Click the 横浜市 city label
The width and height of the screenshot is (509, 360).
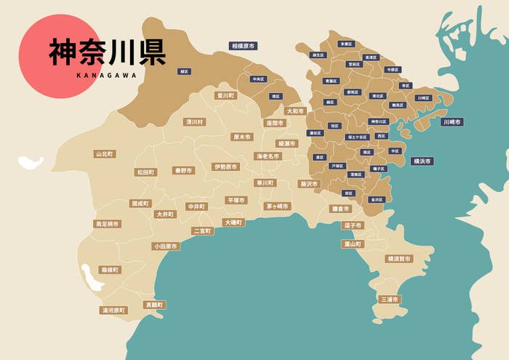pos(421,161)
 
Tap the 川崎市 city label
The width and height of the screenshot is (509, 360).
pos(452,122)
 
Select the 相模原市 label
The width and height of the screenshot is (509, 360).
pos(243,46)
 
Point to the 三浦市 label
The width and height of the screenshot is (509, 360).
pos(390,299)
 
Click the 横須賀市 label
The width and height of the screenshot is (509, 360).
pos(398,258)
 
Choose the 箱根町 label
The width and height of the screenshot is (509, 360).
pos(110,269)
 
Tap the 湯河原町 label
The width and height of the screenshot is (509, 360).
pos(113,310)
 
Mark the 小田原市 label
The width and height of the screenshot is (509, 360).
pos(165,247)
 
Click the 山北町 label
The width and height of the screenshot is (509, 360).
pos(105,154)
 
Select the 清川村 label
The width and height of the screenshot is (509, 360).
pos(194,122)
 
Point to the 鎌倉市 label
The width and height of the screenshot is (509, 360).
pos(340,209)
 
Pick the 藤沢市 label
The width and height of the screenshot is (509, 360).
pos(309,184)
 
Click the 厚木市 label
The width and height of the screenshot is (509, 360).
pos(241,137)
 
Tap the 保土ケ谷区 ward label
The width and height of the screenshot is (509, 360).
pos(357,137)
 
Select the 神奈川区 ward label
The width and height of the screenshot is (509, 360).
pos(379,121)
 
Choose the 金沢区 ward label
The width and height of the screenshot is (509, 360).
pos(376,199)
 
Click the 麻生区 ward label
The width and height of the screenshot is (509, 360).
pos(318,55)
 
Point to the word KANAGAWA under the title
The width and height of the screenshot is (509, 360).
pos(106,73)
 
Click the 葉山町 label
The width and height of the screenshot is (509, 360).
pos(353,244)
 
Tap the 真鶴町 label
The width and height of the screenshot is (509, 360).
pos(154,305)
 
